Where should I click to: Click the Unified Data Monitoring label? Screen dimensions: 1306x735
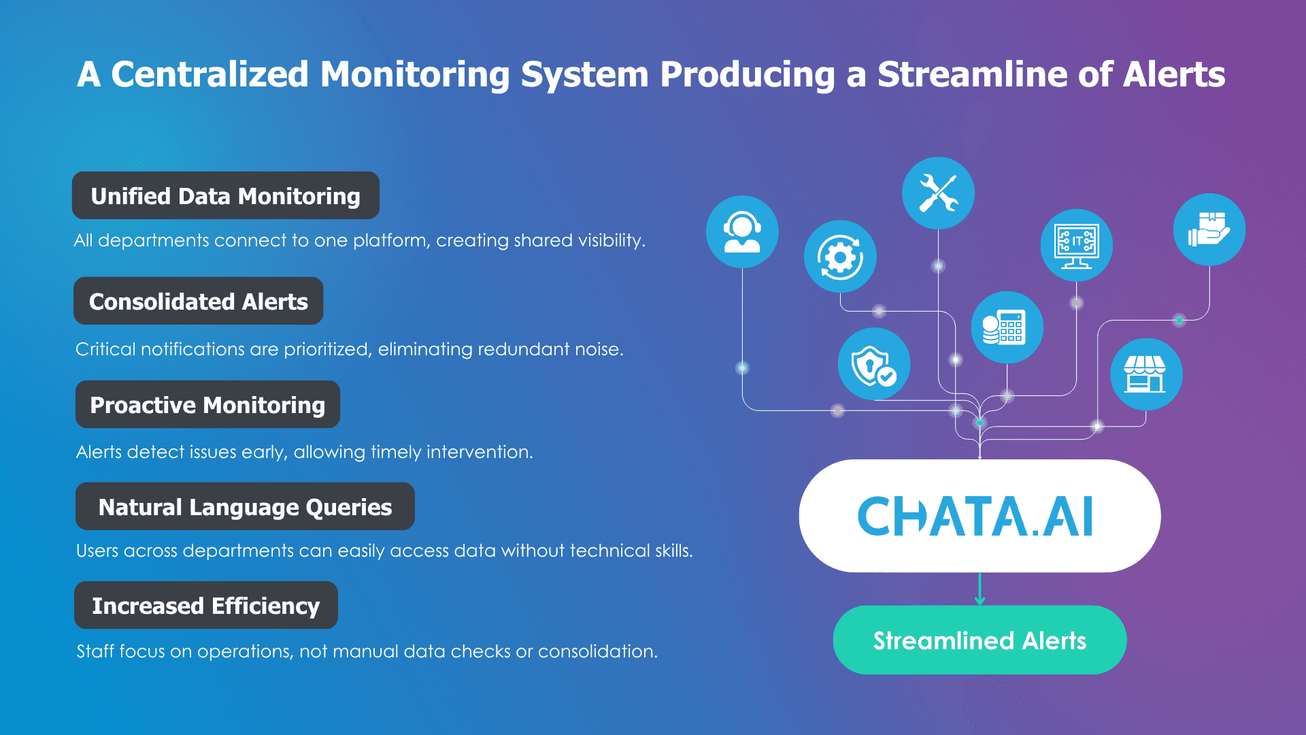coord(226,195)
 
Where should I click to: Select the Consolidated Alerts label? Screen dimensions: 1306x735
coord(199,301)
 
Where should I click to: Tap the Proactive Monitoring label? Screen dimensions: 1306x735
coord(207,404)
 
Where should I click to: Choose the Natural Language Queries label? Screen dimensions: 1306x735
coord(245,506)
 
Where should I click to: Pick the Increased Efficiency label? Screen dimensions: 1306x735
coord(206,605)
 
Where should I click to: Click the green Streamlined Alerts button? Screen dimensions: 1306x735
coord(979,640)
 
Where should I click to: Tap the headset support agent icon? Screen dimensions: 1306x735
coord(742,231)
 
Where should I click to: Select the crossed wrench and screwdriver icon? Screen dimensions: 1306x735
coord(938,193)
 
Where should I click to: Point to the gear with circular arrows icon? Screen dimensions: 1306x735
coord(840,257)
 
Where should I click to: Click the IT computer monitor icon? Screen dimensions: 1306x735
coord(1077,245)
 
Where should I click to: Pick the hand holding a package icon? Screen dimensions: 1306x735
coord(1209,229)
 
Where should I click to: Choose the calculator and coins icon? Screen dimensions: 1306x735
coord(1007,327)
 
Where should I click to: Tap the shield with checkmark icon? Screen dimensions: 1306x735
coord(874,364)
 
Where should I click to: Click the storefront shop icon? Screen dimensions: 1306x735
coord(1146,374)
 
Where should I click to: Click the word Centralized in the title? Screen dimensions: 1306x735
coord(210,74)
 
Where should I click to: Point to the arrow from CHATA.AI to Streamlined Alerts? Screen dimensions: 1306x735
coord(979,589)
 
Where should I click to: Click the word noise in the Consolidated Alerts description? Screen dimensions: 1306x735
coord(598,349)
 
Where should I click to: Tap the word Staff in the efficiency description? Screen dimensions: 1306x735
coord(95,651)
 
